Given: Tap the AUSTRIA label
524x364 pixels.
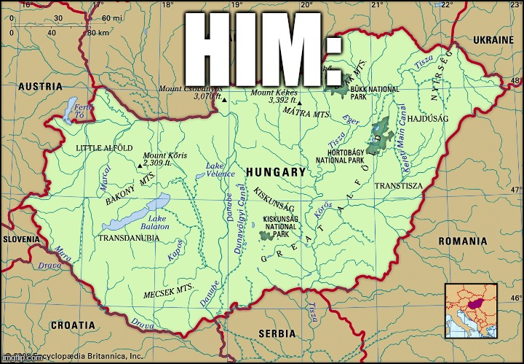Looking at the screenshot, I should coord(40,86).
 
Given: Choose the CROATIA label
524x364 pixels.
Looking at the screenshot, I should coord(72,324).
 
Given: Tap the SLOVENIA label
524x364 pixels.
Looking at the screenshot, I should coord(21,239).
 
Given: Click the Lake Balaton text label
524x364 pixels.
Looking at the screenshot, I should coord(159,222).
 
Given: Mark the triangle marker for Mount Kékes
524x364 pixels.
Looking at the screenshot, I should coord(299,103).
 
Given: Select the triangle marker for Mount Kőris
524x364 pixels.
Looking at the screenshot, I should coord(140,166).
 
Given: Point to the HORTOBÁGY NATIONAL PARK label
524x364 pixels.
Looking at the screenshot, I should coord(341,157).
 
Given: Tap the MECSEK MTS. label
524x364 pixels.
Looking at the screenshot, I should coord(168,292).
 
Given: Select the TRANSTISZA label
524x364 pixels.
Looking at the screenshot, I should coord(398,186).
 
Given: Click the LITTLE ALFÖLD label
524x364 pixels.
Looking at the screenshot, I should coord(104,148).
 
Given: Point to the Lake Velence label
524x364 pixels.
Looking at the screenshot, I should coord(215,170).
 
